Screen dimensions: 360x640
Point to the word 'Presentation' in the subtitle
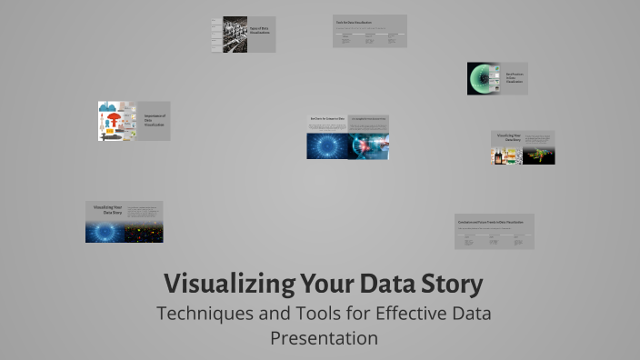(324, 338)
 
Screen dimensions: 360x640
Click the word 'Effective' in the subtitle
(395, 314)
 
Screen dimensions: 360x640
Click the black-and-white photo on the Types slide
(235, 34)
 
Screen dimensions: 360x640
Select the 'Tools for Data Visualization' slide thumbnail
(369, 31)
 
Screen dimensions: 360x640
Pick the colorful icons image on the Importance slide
(116, 121)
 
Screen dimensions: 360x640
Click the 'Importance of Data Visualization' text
(153, 121)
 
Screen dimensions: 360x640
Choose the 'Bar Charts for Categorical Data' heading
(326, 119)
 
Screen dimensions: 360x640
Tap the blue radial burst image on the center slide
(327, 146)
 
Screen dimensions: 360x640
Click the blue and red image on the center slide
(368, 146)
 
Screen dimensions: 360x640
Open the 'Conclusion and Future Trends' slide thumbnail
(494, 231)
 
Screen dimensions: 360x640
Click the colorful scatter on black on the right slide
(539, 155)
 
